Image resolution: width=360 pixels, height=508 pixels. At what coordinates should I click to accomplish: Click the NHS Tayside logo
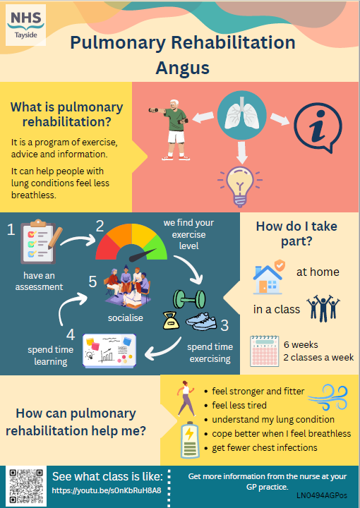26,25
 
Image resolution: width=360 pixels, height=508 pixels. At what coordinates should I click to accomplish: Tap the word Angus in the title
182,68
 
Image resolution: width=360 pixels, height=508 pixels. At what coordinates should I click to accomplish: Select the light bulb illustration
240,186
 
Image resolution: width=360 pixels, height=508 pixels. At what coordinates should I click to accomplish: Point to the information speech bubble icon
318,128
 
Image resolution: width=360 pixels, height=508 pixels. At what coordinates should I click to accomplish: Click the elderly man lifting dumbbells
172,130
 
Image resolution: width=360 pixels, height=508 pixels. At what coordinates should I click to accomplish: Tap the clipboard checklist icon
40,241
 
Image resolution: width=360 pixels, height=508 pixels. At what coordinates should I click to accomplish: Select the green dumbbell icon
189,299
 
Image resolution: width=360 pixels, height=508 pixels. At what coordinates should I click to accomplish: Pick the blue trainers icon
201,322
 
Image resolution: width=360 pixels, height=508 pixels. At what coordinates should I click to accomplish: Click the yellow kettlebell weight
171,320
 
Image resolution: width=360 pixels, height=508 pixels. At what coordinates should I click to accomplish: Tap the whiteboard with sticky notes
109,351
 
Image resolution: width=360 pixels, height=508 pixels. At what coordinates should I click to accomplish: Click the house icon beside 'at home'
269,277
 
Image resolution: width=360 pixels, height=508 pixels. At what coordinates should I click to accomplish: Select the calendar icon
265,351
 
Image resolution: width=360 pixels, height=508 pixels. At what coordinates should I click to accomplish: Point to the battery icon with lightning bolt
190,440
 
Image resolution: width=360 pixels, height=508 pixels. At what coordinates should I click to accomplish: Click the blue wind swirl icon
328,397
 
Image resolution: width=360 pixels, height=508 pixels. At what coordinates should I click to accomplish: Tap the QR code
26,486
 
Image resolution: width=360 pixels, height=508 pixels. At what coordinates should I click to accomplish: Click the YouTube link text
107,490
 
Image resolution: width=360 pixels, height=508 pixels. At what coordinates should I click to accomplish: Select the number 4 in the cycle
71,334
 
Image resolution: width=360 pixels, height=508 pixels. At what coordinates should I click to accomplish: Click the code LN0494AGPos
322,495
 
